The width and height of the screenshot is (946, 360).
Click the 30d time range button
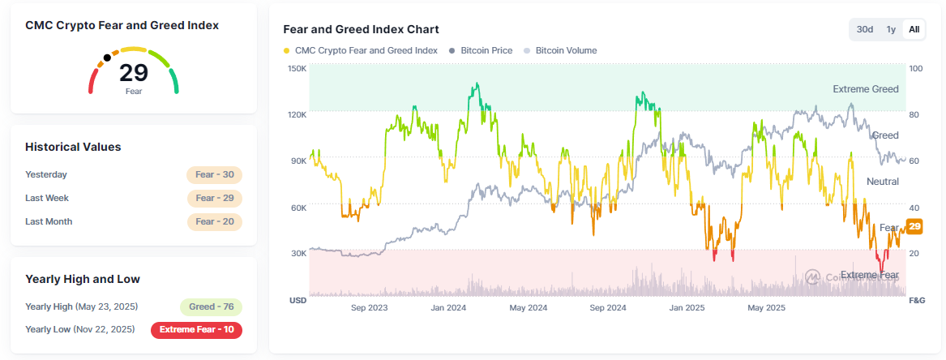(x=865, y=29)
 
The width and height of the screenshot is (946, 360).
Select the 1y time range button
(x=891, y=29)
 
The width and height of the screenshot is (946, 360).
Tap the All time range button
(x=914, y=29)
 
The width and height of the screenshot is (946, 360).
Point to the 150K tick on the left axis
(x=297, y=69)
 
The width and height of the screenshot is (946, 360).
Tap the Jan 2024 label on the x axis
(x=448, y=308)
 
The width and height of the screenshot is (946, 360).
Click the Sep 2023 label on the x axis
(x=369, y=308)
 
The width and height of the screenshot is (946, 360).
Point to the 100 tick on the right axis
(x=916, y=69)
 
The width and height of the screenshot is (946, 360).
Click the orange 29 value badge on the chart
(x=914, y=227)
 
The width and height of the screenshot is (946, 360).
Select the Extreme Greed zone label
(x=865, y=89)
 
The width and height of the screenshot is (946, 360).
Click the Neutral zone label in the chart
(x=882, y=182)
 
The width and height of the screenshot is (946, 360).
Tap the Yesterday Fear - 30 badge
(x=214, y=174)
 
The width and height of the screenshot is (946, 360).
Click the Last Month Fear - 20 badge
(x=214, y=221)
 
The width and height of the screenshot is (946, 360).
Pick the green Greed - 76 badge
(x=211, y=306)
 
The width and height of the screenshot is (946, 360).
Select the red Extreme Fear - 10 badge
(x=196, y=329)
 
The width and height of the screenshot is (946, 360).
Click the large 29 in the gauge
(x=134, y=73)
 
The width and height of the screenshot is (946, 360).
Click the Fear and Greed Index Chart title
(x=361, y=29)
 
